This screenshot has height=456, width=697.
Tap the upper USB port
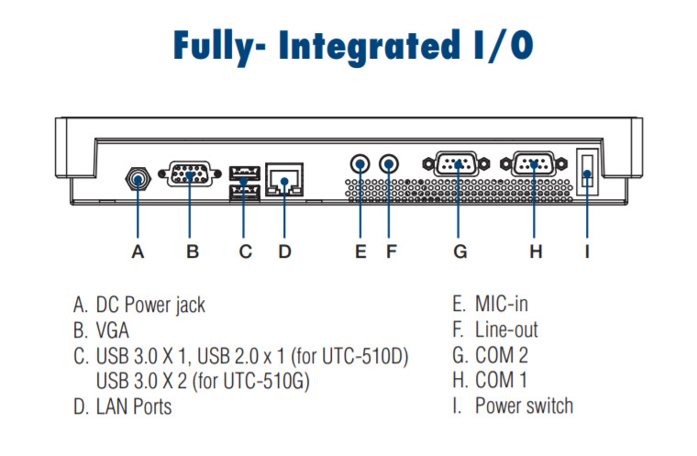(x=244, y=172)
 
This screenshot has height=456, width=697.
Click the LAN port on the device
(x=284, y=177)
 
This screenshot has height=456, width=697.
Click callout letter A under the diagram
(x=138, y=251)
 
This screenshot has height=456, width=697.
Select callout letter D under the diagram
(x=284, y=251)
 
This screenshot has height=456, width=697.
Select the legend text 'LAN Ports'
(x=134, y=405)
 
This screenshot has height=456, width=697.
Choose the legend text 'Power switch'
(x=524, y=405)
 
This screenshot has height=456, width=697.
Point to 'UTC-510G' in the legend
(x=268, y=380)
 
